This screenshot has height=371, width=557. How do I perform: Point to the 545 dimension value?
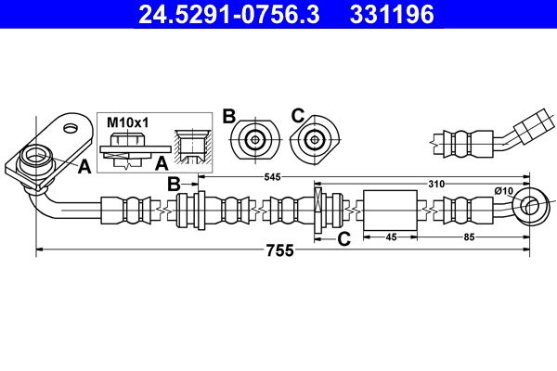coord(272,176)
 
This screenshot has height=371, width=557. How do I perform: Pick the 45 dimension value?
coord(391,237)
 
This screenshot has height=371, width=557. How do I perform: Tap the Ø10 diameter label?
coord(504,191)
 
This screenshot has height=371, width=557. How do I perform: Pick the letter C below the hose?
coord(343,238)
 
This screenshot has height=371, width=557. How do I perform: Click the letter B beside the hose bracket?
coord(174,184)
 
